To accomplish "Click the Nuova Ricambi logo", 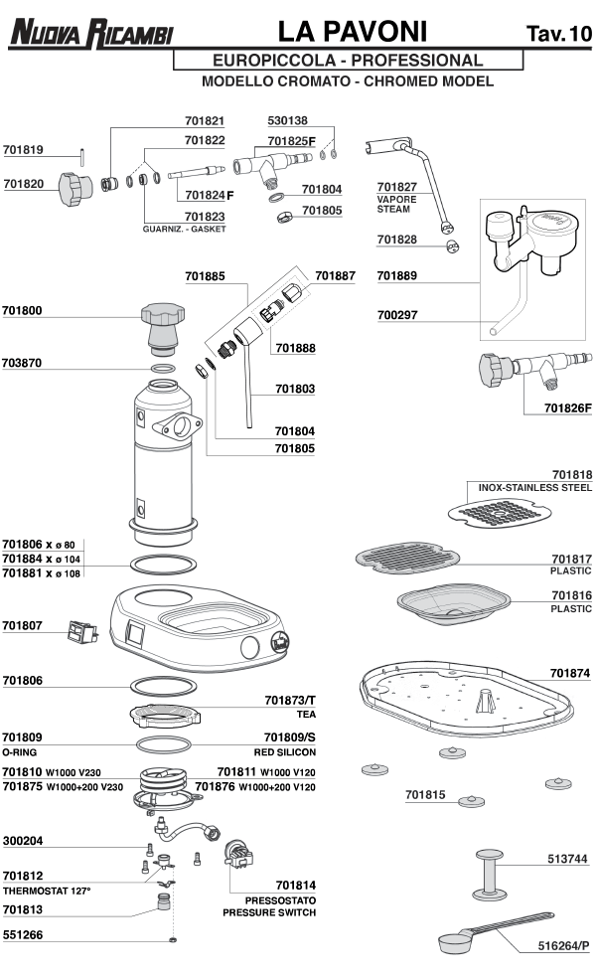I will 90,36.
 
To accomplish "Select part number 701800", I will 23,310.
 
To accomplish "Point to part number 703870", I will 23,363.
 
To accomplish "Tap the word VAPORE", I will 396,199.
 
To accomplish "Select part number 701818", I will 571,475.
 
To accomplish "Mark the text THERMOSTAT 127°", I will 47,891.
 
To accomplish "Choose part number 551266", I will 23,934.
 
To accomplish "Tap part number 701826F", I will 566,407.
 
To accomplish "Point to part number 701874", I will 571,673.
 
